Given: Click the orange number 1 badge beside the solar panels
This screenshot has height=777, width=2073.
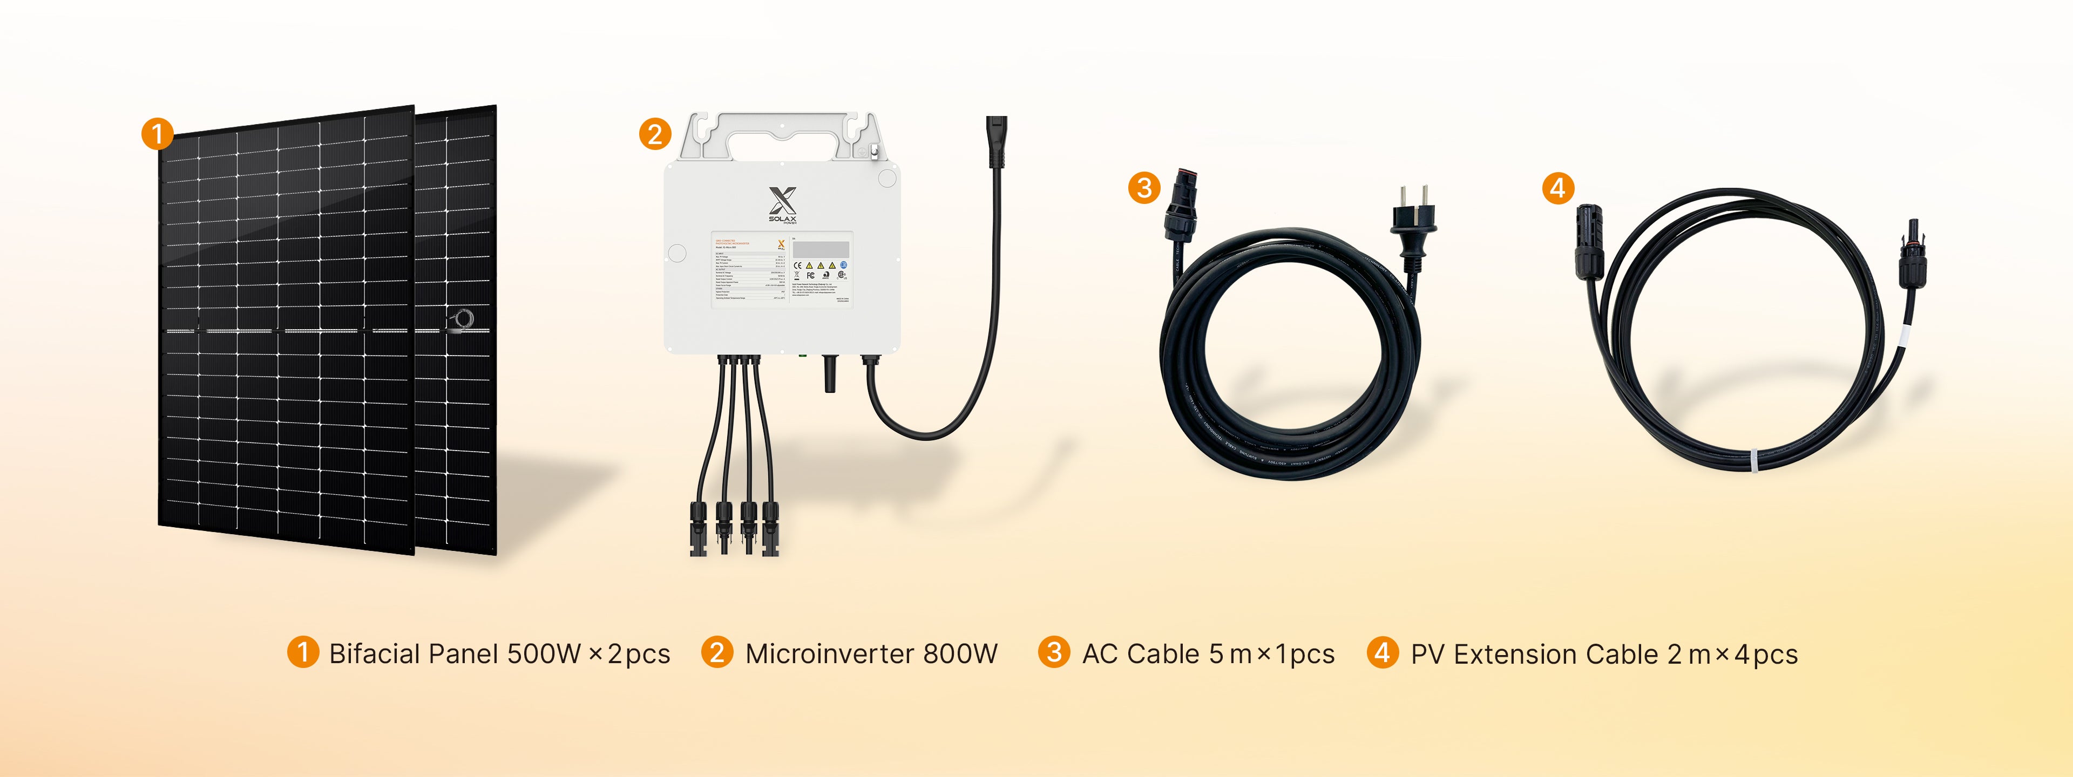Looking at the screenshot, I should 158,133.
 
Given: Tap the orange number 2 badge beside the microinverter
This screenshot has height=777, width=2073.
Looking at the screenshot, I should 655,133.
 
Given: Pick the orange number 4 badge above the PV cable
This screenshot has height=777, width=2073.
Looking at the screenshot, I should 1558,188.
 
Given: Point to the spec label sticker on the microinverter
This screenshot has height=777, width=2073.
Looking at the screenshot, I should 781,269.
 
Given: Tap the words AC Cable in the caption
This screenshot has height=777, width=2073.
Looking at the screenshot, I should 1140,654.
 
